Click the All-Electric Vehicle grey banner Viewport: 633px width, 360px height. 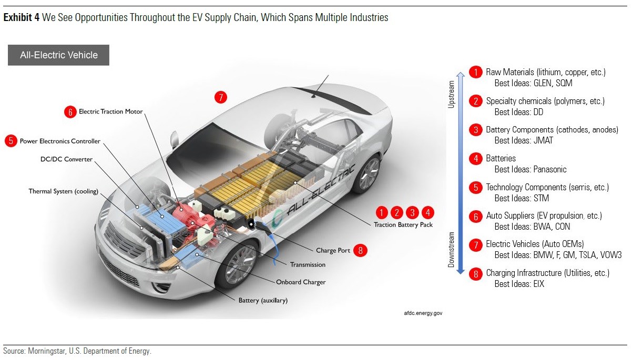[x=58, y=55]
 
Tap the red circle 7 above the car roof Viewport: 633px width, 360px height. [x=221, y=97]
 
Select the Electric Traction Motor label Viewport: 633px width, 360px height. [x=110, y=111]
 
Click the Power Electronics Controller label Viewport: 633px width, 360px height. [x=60, y=141]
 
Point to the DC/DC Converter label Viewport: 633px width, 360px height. [x=66, y=159]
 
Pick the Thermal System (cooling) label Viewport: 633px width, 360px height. [x=64, y=191]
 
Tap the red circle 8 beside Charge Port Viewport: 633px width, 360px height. [x=360, y=250]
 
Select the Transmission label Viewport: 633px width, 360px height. [x=308, y=264]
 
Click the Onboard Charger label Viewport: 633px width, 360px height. [x=301, y=282]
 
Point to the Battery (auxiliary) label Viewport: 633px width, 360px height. [x=263, y=301]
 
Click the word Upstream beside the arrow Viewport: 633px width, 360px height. [x=451, y=95]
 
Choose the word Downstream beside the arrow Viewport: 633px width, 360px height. [x=451, y=250]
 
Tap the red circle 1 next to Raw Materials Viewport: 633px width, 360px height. [x=475, y=72]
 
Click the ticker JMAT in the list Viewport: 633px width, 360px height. [x=543, y=140]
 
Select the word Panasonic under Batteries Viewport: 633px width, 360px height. [x=549, y=169]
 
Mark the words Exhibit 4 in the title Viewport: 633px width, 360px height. [x=22, y=18]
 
